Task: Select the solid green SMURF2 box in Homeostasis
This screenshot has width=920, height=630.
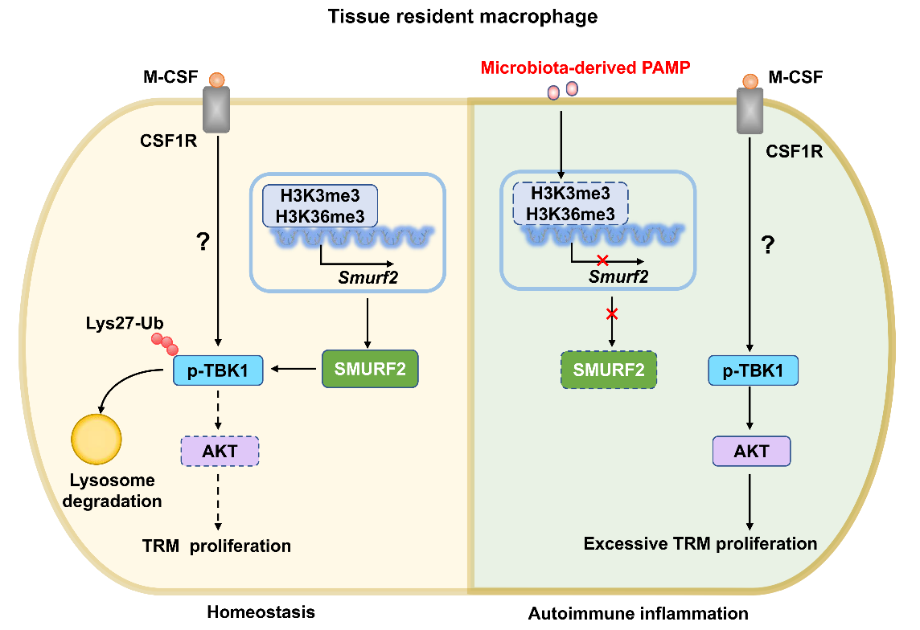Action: pyautogui.click(x=370, y=370)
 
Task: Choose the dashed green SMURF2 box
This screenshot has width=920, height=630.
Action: pyautogui.click(x=610, y=370)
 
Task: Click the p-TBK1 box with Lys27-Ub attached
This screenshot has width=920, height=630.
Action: pyautogui.click(x=219, y=370)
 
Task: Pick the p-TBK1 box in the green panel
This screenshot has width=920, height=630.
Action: pyautogui.click(x=751, y=370)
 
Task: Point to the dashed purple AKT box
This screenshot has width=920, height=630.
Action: pyautogui.click(x=220, y=451)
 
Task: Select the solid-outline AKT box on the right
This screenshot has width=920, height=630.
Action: pyautogui.click(x=751, y=451)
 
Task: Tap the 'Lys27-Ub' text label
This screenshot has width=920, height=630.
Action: pyautogui.click(x=113, y=322)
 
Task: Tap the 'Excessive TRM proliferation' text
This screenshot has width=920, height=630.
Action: pyautogui.click(x=700, y=544)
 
